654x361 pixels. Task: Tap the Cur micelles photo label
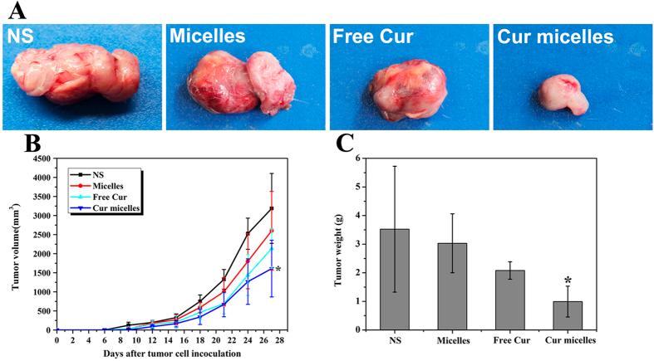coord(555,37)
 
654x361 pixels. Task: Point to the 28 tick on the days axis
coord(282,339)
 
